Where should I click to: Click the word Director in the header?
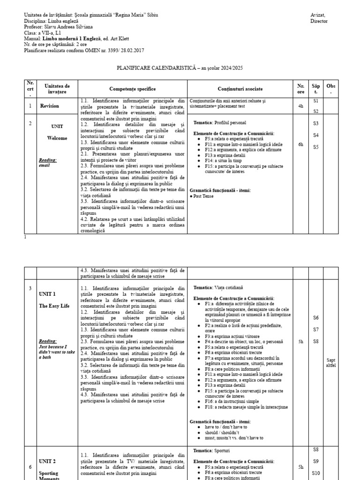click(x=319, y=21)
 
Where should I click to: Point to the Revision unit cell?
click(x=50, y=106)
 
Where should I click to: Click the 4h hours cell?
click(x=300, y=106)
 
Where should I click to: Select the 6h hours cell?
click(x=300, y=145)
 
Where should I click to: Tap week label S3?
click(x=316, y=123)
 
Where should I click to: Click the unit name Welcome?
click(x=57, y=138)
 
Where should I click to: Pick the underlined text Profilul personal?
click(x=230, y=122)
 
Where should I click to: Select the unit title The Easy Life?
click(x=54, y=306)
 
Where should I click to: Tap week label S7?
click(x=316, y=330)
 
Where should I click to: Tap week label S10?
click(x=316, y=473)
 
